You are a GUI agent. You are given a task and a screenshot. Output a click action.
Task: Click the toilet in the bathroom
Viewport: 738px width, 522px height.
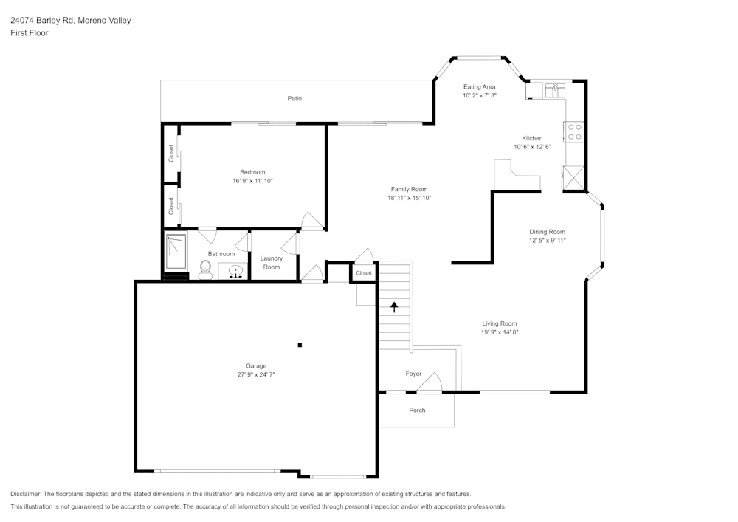point(205,269)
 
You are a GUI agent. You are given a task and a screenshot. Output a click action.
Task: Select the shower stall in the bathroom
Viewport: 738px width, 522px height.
point(176,252)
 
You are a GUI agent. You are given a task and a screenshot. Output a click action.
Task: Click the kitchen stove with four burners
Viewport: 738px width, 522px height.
point(574,132)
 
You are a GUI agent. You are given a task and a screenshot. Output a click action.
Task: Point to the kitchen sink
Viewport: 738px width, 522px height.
point(555,90)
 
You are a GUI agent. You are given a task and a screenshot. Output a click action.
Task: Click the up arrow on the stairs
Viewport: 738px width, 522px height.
point(394,306)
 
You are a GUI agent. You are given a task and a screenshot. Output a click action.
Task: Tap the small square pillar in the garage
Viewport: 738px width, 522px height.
point(300,345)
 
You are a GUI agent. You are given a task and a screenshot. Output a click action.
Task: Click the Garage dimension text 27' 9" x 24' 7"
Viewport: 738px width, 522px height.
point(256,375)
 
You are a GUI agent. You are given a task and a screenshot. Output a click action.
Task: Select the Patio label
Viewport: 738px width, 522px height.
point(294,98)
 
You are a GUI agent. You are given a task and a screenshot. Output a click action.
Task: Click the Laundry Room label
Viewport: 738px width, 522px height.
point(272,263)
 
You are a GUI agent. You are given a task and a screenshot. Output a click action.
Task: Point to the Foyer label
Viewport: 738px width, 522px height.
point(413,374)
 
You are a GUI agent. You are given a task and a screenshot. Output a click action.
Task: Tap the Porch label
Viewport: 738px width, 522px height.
point(417,411)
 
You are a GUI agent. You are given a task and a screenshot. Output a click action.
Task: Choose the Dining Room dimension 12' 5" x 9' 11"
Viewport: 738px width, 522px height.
point(547,241)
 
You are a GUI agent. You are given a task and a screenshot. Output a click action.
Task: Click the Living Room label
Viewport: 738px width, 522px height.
point(499,323)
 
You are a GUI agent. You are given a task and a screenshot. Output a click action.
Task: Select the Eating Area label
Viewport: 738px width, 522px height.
point(479,86)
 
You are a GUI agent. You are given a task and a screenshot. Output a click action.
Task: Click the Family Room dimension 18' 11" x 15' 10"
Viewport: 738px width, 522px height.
point(409,198)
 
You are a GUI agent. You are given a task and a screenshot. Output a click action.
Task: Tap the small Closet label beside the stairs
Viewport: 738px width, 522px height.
point(364,273)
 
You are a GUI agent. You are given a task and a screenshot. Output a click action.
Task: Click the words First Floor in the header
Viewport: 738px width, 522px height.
point(30,33)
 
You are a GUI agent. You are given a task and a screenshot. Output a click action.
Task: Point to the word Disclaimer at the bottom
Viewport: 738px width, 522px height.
point(26,494)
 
